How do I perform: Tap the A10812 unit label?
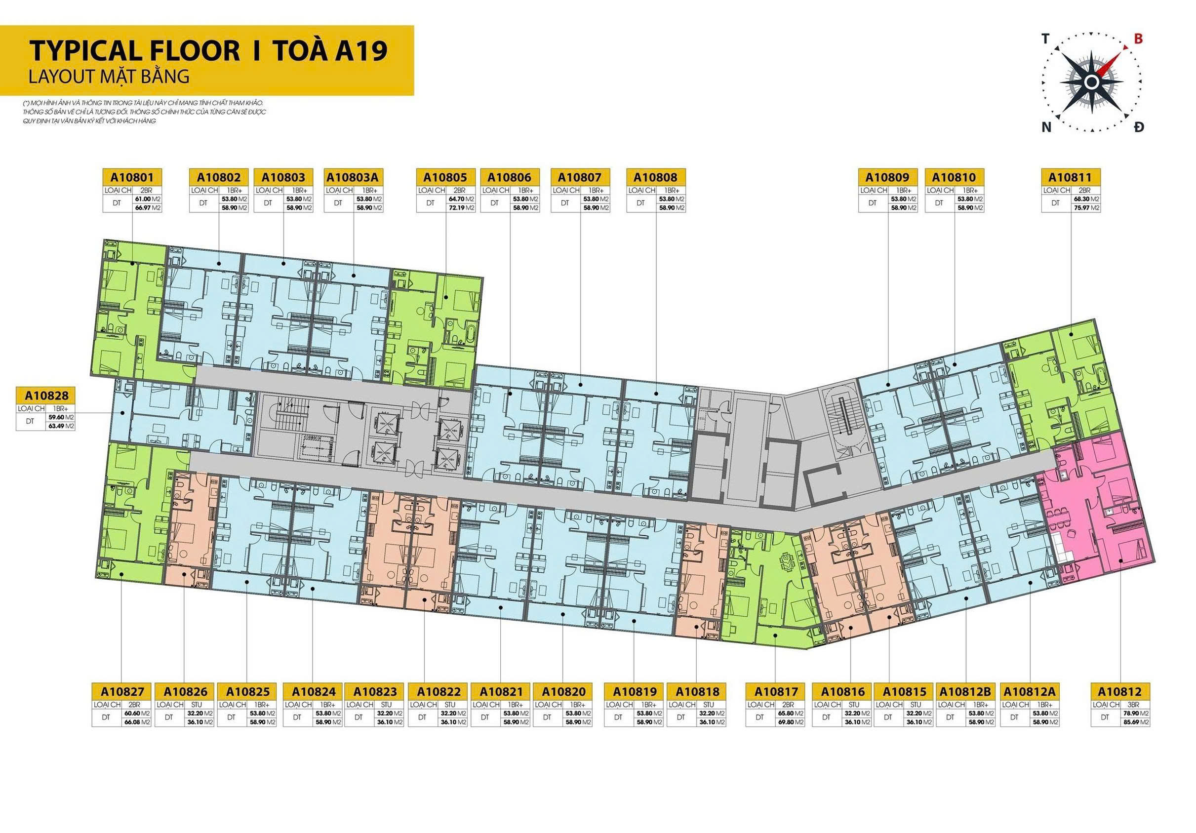(x=1119, y=692)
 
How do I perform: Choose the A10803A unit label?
(x=354, y=177)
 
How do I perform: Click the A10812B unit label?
(x=965, y=692)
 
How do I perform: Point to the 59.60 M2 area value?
(x=62, y=417)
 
